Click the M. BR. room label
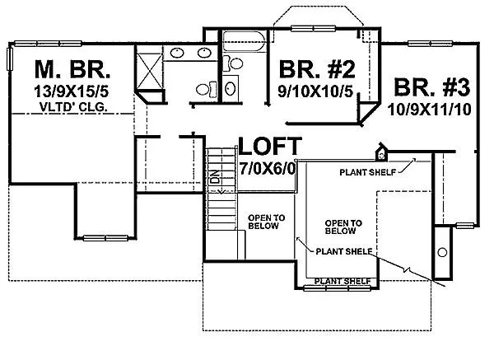pyautogui.click(x=72, y=69)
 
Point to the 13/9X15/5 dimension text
pyautogui.click(x=71, y=91)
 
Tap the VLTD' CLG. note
pyautogui.click(x=73, y=107)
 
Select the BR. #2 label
pyautogui.click(x=317, y=70)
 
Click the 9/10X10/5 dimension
pyautogui.click(x=315, y=91)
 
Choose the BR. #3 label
pyautogui.click(x=432, y=87)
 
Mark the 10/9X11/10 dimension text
pyautogui.click(x=430, y=110)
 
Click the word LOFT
pyautogui.click(x=270, y=146)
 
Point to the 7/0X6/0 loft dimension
pyautogui.click(x=268, y=169)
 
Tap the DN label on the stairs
pyautogui.click(x=215, y=177)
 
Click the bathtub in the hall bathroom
pyautogui.click(x=245, y=41)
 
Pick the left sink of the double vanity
pyautogui.click(x=177, y=53)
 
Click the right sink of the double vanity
pyautogui.click(x=204, y=53)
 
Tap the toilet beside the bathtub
pyautogui.click(x=233, y=63)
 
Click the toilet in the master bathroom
pyautogui.click(x=207, y=89)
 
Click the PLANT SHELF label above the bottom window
pyautogui.click(x=343, y=281)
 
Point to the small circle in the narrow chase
pyautogui.click(x=442, y=252)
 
